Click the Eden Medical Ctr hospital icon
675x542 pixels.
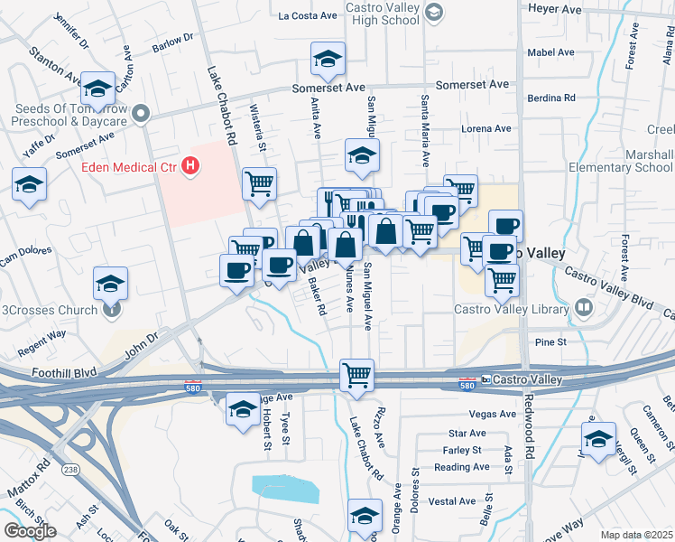click(x=190, y=166)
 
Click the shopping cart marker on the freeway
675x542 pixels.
click(x=356, y=374)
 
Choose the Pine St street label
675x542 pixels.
click(x=550, y=342)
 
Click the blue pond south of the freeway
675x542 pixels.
click(x=286, y=488)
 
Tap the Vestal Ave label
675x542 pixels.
click(x=452, y=500)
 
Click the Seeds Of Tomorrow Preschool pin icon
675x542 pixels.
click(x=139, y=114)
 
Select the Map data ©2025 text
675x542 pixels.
click(x=636, y=535)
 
